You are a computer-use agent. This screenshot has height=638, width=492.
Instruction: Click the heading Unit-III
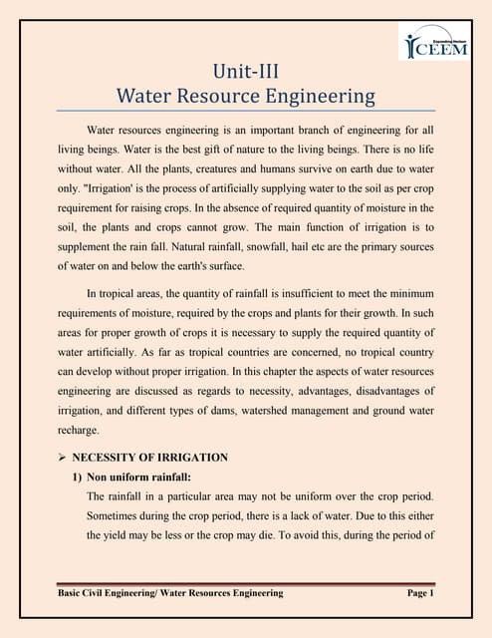[246, 72]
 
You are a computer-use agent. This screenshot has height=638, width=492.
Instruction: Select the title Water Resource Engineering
[246, 97]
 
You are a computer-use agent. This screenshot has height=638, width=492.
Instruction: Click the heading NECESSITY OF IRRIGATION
[149, 458]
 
